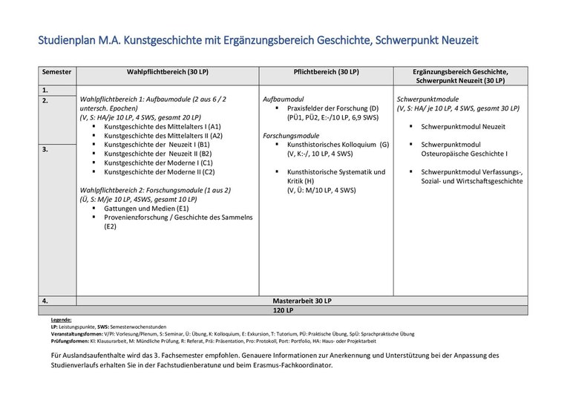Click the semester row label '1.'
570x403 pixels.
point(45,90)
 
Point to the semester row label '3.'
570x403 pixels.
point(45,149)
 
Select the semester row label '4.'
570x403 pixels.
point(45,301)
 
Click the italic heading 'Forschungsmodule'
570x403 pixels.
point(291,136)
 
